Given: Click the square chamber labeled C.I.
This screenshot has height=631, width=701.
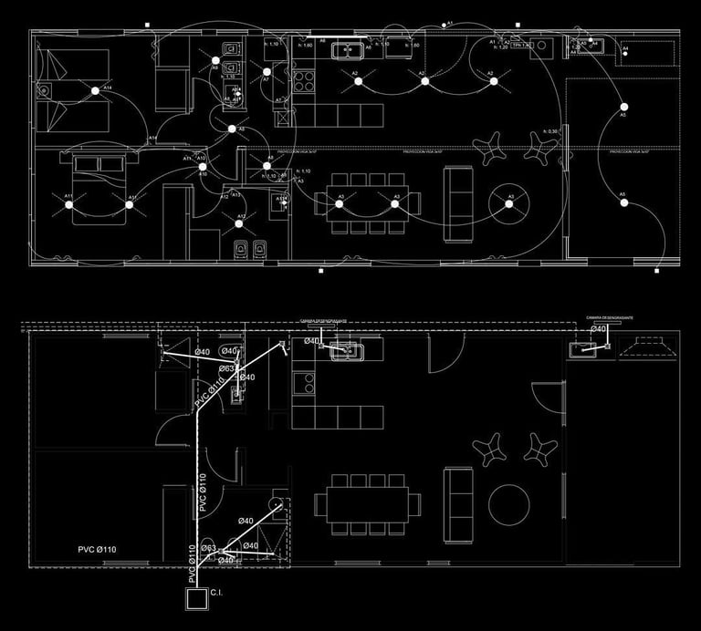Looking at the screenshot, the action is [196, 598].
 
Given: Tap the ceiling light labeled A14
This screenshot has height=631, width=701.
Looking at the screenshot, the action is [95, 90].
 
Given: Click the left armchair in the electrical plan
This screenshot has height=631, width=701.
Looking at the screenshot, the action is [493, 147].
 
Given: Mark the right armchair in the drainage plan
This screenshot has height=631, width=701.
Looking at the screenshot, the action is [540, 449].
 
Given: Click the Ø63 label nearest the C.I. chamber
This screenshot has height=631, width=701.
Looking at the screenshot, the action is [208, 548].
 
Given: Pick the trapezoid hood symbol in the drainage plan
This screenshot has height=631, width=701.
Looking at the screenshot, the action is [649, 347].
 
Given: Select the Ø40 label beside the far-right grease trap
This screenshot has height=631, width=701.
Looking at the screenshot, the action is [599, 328].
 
